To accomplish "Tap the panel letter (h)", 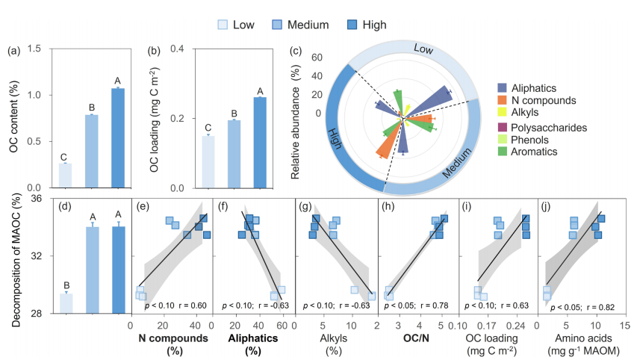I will click(x=389, y=206).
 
